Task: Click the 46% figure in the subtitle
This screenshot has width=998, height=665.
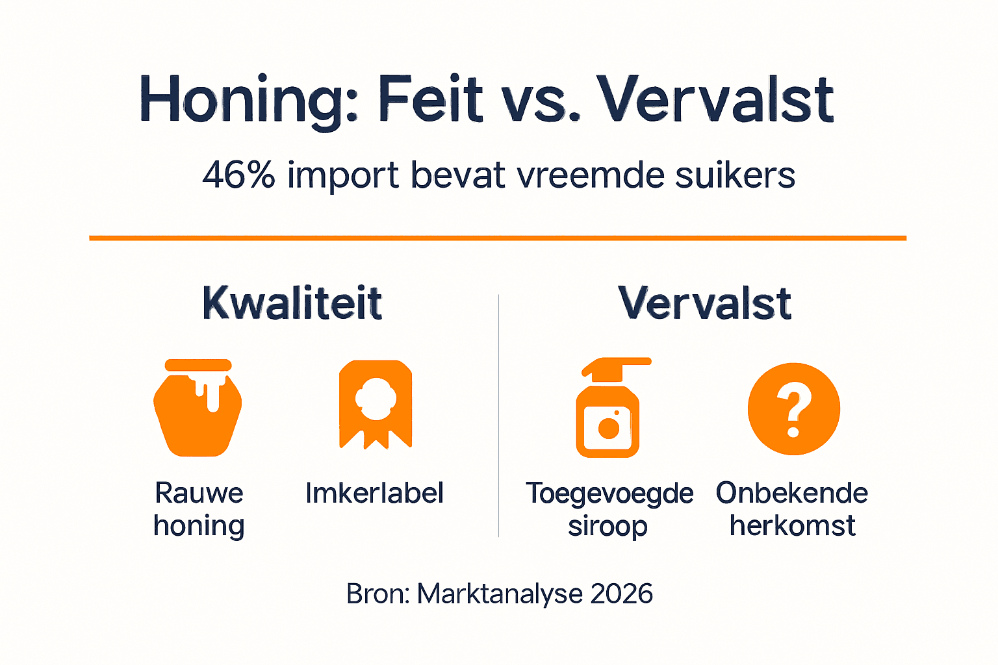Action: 238,175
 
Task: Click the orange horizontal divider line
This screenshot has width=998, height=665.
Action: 498,238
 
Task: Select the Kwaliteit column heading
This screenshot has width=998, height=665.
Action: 292,303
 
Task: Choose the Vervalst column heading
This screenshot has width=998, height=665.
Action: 705,303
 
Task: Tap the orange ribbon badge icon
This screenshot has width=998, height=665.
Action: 376,404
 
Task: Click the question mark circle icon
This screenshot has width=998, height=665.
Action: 793,408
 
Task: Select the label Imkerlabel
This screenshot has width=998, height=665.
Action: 375,493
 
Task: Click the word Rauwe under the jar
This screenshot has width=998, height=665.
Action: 199,493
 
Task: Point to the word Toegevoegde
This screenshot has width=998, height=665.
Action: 609,493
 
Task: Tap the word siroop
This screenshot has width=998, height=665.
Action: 608,525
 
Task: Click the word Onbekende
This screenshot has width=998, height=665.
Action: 791,493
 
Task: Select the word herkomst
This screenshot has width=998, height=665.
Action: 792,525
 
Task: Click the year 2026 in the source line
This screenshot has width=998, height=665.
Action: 622,594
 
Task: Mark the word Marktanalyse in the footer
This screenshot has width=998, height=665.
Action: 499,594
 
